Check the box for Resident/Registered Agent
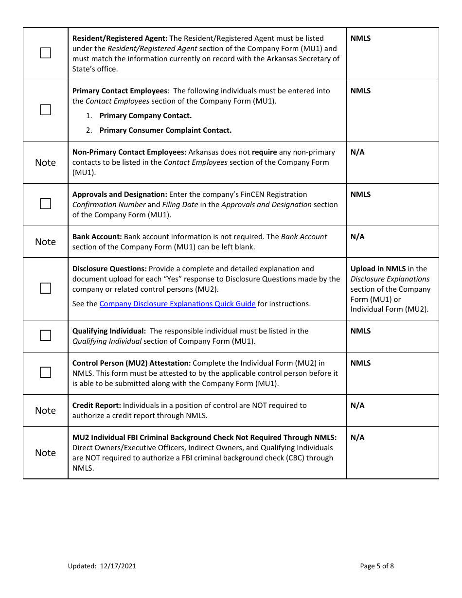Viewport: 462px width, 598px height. point(45,53)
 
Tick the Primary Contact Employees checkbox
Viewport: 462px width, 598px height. point(45,110)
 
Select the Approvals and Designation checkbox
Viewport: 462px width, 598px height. point(45,204)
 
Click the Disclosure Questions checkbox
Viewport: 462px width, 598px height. point(45,288)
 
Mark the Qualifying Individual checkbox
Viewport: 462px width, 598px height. point(45,335)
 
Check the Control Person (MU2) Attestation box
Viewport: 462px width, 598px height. point(45,372)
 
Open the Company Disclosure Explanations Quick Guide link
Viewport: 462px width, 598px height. point(177,304)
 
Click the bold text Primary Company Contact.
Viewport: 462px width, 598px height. point(145,116)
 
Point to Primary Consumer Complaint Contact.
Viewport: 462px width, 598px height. point(165,130)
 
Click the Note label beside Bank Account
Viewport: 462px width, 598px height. point(45,242)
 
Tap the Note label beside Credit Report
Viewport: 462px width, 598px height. point(45,411)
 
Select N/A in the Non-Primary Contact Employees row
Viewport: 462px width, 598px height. point(357,152)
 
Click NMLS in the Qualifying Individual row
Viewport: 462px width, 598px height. point(360,331)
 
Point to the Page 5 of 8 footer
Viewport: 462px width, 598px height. point(377,566)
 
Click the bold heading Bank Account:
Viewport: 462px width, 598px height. point(97,237)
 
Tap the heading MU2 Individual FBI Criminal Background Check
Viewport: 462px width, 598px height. point(204,438)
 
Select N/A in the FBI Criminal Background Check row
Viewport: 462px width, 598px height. point(357,438)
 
